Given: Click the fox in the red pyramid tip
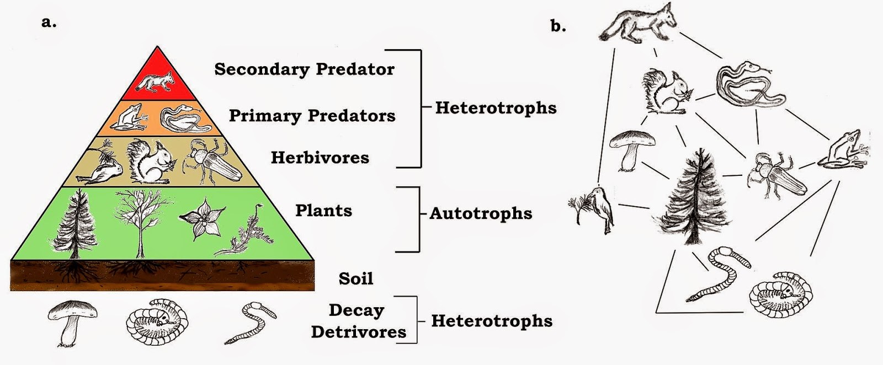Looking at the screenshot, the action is click(156, 82).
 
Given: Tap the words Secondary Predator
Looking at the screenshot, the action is click(304, 69).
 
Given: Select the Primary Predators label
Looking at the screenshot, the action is click(312, 116).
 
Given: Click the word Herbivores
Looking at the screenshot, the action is click(320, 158).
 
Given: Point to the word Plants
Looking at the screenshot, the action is click(323, 211).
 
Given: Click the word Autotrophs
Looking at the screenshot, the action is click(481, 213).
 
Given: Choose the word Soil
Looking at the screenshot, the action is click(356, 278).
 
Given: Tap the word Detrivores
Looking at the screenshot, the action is click(359, 332).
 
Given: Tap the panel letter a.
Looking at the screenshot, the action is click(49, 23).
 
